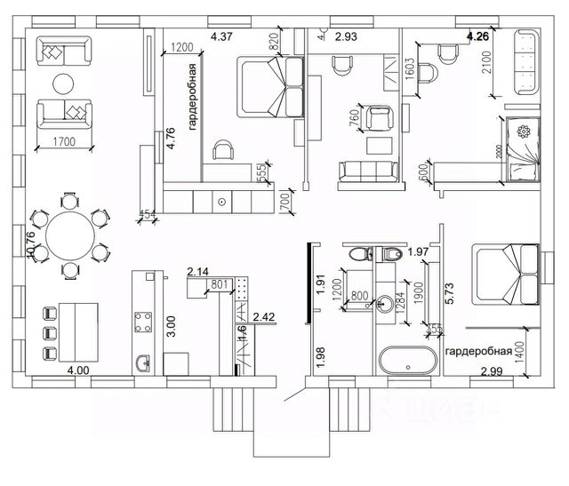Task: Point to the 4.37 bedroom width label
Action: click(221, 36)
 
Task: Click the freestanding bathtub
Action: click(407, 360)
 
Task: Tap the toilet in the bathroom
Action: click(389, 255)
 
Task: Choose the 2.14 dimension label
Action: click(197, 271)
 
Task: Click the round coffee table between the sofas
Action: click(63, 84)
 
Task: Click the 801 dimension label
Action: click(220, 285)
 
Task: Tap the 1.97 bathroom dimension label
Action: click(418, 253)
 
